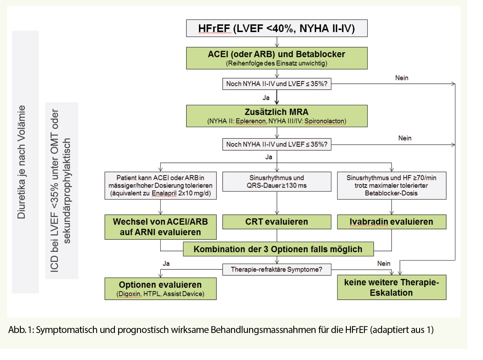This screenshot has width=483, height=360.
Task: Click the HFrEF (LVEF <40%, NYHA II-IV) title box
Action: pyautogui.click(x=276, y=28)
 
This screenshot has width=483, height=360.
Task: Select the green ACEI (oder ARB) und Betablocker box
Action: pyautogui.click(x=276, y=58)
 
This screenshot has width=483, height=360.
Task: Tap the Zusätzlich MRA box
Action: pyautogui.click(x=276, y=116)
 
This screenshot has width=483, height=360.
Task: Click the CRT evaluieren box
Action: pyautogui.click(x=276, y=222)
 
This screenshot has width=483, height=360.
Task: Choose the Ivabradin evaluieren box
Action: pyautogui.click(x=391, y=222)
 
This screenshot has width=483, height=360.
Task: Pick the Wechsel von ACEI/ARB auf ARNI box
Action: pyautogui.click(x=160, y=227)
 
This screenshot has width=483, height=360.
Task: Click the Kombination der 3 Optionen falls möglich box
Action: pyautogui.click(x=278, y=249)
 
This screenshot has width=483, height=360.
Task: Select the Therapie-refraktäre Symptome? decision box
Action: pyautogui.click(x=276, y=269)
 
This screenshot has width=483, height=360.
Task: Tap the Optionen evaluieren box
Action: pyautogui.click(x=160, y=288)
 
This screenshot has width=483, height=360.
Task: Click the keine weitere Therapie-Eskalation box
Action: pyautogui.click(x=391, y=287)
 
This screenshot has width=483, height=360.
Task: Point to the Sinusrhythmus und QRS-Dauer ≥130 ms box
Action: pyautogui.click(x=276, y=181)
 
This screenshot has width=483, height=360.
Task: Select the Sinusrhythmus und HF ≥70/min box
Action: pyautogui.click(x=391, y=185)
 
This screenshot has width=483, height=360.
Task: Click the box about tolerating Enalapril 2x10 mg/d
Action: pyautogui.click(x=160, y=185)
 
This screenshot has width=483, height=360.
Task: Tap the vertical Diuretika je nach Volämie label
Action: pyautogui.click(x=22, y=162)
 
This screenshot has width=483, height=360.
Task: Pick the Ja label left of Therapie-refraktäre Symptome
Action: pyautogui.click(x=166, y=263)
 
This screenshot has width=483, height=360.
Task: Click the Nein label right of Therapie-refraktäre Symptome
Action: pyautogui.click(x=384, y=263)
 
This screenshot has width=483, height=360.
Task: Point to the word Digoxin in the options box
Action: pyautogui.click(x=130, y=294)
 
